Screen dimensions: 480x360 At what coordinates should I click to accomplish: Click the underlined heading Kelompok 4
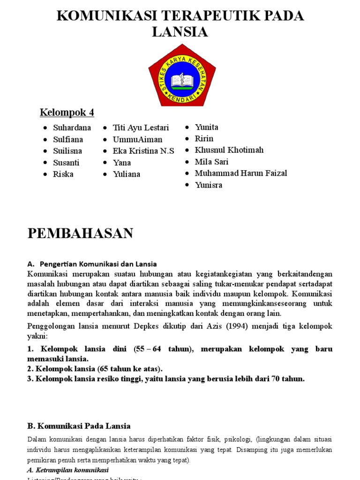[67, 112]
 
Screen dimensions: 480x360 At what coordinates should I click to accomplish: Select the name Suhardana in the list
[72, 127]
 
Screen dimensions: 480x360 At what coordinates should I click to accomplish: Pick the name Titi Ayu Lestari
[141, 127]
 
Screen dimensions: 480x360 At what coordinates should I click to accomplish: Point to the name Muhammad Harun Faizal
[241, 173]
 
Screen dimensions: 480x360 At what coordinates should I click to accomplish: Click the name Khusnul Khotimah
[229, 150]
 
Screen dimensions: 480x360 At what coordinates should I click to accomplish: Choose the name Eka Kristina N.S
[143, 151]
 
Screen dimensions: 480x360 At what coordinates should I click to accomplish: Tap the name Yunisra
[209, 185]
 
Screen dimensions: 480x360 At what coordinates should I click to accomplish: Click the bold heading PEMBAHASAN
[80, 233]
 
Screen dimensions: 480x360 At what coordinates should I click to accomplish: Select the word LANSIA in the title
[180, 32]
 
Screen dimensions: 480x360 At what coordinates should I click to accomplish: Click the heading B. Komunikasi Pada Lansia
[79, 426]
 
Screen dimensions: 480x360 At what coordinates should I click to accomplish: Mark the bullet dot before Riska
[45, 174]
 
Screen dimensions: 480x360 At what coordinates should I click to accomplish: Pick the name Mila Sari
[211, 162]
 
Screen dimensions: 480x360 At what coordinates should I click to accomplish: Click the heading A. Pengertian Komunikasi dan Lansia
[92, 264]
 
